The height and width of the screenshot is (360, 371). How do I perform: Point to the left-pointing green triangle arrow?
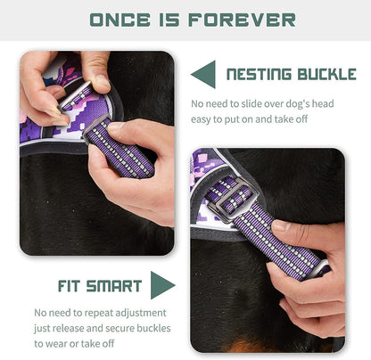pyautogui.click(x=203, y=74)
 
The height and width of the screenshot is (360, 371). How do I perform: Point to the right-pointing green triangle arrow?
pyautogui.click(x=162, y=285)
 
